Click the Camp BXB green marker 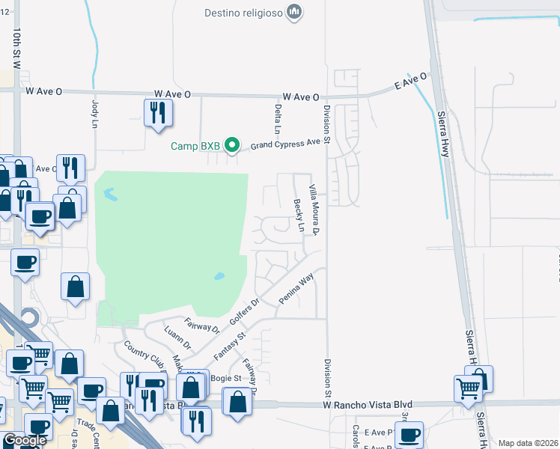(232, 145)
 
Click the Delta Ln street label (278, 119)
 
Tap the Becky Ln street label (299, 215)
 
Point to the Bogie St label (225, 378)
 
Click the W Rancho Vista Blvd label (368, 404)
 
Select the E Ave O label (410, 82)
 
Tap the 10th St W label (16, 48)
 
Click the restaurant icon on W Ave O (158, 113)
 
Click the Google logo (25, 440)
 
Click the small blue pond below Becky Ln (220, 276)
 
